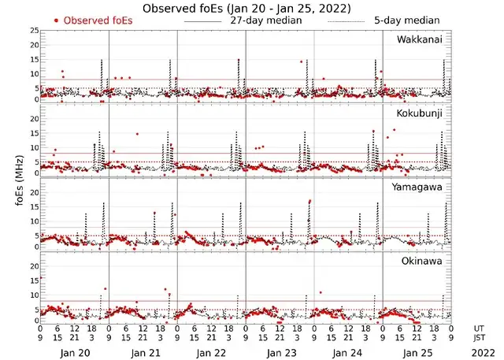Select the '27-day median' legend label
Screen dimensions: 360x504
(x=265, y=20)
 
